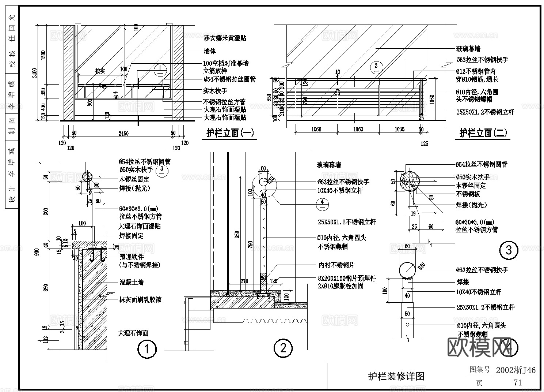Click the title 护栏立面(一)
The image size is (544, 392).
(230, 133)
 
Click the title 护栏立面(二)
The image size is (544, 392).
(483, 133)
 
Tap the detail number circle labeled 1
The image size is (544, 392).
(147, 349)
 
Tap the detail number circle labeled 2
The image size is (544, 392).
(283, 348)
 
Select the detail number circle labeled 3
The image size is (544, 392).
(509, 250)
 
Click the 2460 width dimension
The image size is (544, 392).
(123, 134)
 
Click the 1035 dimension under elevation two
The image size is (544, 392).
(399, 129)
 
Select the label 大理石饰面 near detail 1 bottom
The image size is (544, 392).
(133, 333)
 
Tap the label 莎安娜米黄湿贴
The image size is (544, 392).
(224, 38)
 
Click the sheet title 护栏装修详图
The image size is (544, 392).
(396, 376)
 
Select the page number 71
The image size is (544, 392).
(517, 383)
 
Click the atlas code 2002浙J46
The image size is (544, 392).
(516, 370)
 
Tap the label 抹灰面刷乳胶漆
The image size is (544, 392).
(140, 300)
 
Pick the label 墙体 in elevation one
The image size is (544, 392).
(210, 51)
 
